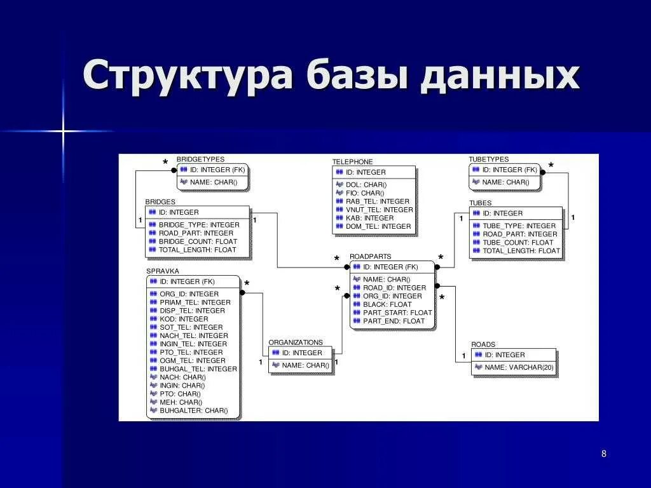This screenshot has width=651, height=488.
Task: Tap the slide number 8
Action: pyautogui.click(x=603, y=453)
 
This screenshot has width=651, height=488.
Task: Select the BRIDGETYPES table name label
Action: pyautogui.click(x=200, y=159)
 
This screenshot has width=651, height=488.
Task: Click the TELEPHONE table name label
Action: pyautogui.click(x=352, y=162)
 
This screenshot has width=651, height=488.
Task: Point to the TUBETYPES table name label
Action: pyautogui.click(x=488, y=159)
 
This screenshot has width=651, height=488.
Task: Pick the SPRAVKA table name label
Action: pyautogui.click(x=163, y=271)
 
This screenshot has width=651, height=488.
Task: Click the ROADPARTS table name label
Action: pyautogui.click(x=370, y=257)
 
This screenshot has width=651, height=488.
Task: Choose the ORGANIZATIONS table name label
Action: pyautogui.click(x=296, y=342)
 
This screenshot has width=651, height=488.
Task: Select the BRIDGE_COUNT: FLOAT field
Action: pyautogui.click(x=197, y=241)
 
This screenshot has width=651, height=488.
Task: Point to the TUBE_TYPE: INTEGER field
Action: pyautogui.click(x=519, y=226)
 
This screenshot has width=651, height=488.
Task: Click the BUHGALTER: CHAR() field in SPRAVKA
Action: pyautogui.click(x=193, y=410)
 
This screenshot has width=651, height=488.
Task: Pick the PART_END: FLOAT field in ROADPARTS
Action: pyautogui.click(x=394, y=321)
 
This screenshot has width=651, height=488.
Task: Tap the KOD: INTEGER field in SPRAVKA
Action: pyautogui.click(x=184, y=319)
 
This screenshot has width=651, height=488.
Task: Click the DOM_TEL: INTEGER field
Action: pyautogui.click(x=378, y=226)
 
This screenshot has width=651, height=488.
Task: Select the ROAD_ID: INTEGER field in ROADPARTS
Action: pyautogui.click(x=394, y=288)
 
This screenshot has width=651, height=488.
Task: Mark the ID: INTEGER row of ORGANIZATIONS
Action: pyautogui.click(x=302, y=353)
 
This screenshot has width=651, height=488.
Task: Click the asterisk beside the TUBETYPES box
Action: pyautogui.click(x=551, y=166)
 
